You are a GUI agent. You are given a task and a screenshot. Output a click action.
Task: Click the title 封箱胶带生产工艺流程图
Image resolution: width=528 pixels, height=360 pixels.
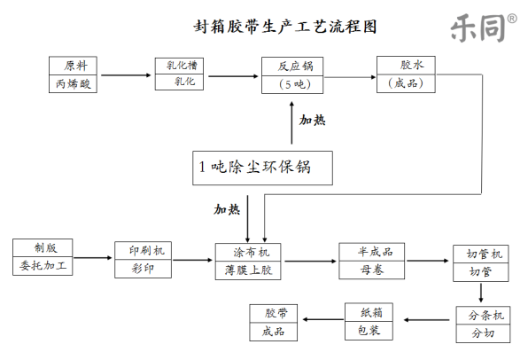pyautogui.click(x=285, y=27)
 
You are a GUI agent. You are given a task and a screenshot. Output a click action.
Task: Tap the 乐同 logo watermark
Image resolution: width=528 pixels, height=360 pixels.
pyautogui.click(x=483, y=27)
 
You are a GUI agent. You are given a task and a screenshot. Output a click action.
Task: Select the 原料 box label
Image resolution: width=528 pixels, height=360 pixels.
pyautogui.click(x=76, y=66)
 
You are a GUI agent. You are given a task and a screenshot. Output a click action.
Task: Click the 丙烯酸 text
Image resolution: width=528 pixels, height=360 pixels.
pyautogui.click(x=73, y=83)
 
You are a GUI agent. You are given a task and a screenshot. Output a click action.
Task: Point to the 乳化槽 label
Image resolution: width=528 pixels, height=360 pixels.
pyautogui.click(x=182, y=65)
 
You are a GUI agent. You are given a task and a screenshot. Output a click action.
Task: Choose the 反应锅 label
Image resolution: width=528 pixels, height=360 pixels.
pyautogui.click(x=295, y=67)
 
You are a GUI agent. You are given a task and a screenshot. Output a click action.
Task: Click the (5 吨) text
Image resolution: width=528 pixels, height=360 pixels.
pyautogui.click(x=295, y=84)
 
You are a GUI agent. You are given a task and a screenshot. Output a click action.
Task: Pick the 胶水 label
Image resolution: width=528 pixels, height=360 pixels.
pyautogui.click(x=412, y=65)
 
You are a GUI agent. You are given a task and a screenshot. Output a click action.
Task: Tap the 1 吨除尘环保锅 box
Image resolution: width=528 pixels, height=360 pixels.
pyautogui.click(x=262, y=168)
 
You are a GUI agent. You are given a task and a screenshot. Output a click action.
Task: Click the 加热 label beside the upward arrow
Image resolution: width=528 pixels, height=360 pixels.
pyautogui.click(x=312, y=120)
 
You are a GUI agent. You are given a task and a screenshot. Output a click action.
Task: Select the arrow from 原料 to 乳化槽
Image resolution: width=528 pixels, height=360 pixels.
pyautogui.click(x=126, y=75)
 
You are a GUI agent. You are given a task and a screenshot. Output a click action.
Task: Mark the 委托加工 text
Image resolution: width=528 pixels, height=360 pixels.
pyautogui.click(x=43, y=266)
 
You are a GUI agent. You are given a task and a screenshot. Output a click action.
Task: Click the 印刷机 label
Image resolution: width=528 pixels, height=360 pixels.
pyautogui.click(x=147, y=250)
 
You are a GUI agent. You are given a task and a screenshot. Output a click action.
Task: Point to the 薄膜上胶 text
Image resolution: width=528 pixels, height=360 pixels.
pyautogui.click(x=249, y=270)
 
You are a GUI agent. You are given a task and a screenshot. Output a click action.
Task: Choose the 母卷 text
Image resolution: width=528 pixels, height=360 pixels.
pyautogui.click(x=372, y=270)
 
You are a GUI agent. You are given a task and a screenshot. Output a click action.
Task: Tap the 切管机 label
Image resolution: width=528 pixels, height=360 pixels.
pyautogui.click(x=485, y=254)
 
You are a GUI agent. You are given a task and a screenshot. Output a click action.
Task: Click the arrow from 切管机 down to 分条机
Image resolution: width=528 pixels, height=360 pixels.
pyautogui.click(x=481, y=293)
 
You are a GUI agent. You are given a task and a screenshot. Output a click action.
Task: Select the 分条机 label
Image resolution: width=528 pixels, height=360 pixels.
pyautogui.click(x=485, y=316)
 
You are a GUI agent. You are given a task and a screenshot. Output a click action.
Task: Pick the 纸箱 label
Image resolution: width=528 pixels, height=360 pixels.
pyautogui.click(x=371, y=312)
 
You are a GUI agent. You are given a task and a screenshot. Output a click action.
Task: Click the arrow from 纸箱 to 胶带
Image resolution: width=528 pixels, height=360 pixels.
pyautogui.click(x=322, y=319)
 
